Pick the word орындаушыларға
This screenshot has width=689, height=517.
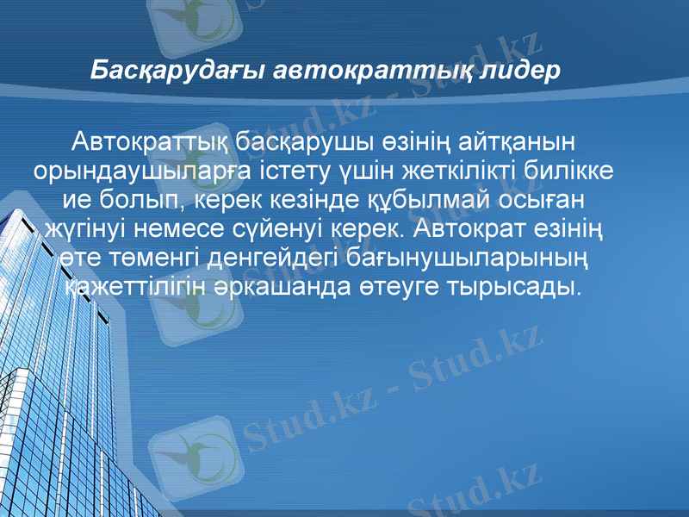click(x=145, y=170)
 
